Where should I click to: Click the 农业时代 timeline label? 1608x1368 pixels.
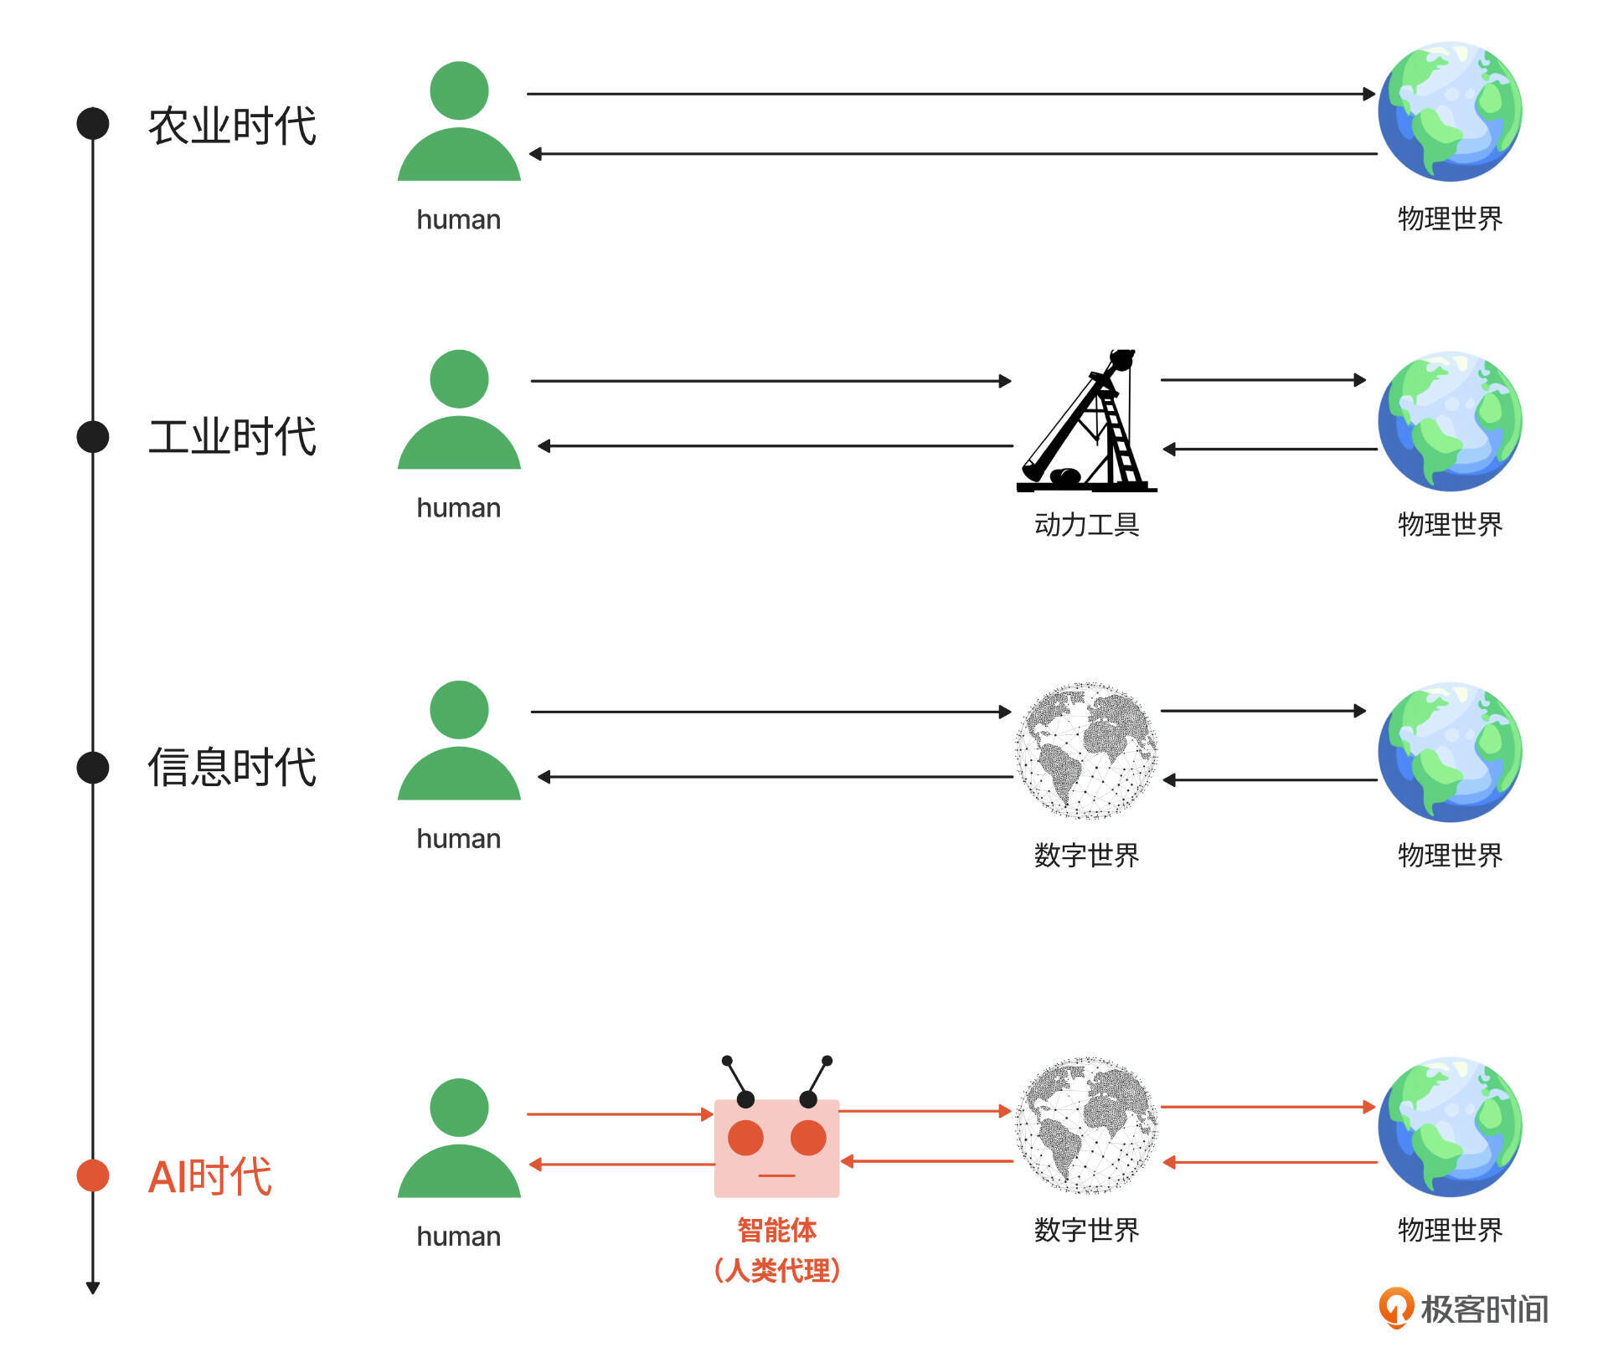pos(232,126)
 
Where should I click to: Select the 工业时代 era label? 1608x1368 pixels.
pos(232,436)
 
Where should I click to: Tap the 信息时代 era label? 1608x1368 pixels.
pos(232,767)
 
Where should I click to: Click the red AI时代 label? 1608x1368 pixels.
pos(209,1176)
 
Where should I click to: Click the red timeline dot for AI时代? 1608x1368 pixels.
pos(93,1175)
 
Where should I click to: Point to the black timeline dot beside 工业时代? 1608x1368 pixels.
pos(93,436)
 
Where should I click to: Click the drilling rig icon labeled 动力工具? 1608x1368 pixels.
pos(1086,423)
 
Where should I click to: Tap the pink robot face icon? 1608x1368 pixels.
pos(776,1147)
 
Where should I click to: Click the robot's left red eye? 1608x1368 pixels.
pos(745,1138)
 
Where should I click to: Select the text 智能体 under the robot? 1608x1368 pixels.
pos(776,1230)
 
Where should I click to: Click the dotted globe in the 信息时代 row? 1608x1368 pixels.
pos(1086,751)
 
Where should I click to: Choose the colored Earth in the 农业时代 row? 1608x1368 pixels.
pos(1450,111)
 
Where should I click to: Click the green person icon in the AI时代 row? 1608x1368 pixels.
pos(459,1139)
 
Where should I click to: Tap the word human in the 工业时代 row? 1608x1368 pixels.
pos(459,508)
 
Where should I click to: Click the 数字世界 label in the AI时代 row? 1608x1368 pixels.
pos(1086,1230)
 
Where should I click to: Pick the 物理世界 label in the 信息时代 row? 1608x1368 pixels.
pos(1450,856)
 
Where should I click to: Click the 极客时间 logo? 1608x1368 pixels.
pos(1463,1309)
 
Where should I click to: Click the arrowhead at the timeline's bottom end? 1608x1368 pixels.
pos(93,1288)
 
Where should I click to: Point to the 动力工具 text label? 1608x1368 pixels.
pos(1086,525)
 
